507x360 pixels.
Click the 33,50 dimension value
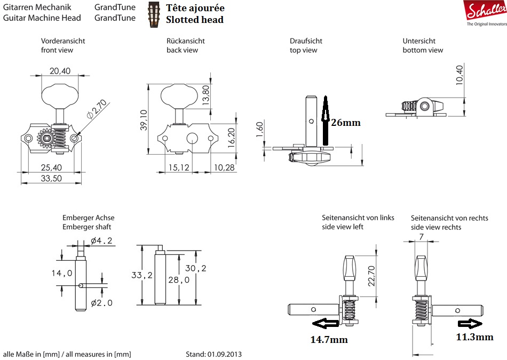click(x=51, y=178)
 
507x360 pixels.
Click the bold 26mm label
click(x=346, y=123)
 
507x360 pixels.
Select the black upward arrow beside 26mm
click(x=323, y=120)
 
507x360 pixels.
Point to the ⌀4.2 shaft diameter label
click(x=101, y=241)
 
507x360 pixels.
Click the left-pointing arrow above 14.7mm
click(x=325, y=323)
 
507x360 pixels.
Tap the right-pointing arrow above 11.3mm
click(x=469, y=323)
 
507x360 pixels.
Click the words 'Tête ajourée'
click(x=195, y=8)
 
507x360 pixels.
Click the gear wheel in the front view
click(x=47, y=138)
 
